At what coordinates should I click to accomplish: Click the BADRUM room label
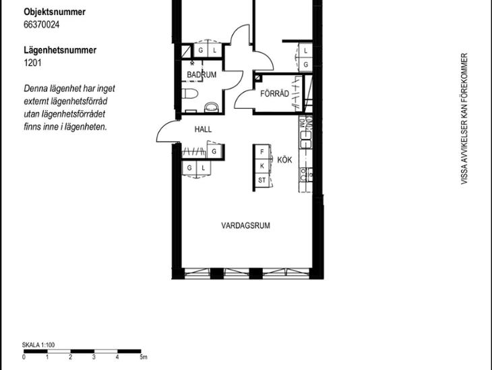click(x=202, y=74)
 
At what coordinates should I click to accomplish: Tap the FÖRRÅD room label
click(x=274, y=93)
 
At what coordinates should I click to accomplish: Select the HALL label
click(x=203, y=129)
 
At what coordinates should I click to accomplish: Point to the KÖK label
click(x=284, y=160)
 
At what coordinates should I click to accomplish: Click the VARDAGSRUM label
click(x=245, y=226)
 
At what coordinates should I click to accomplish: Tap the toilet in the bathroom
click(x=190, y=93)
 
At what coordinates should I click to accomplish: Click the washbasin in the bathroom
click(x=212, y=107)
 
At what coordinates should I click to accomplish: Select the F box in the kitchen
click(x=262, y=152)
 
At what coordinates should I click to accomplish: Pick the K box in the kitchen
click(x=262, y=166)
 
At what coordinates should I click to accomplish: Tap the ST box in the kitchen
click(x=262, y=180)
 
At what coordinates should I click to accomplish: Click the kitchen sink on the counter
click(x=305, y=140)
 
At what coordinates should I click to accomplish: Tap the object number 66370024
click(x=41, y=24)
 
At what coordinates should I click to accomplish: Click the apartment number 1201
click(x=32, y=63)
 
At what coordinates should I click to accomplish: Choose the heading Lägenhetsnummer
click(x=60, y=50)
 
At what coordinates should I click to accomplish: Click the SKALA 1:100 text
click(x=38, y=345)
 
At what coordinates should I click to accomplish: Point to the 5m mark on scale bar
click(x=144, y=356)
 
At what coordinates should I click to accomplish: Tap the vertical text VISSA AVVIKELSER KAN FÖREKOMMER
click(x=464, y=119)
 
